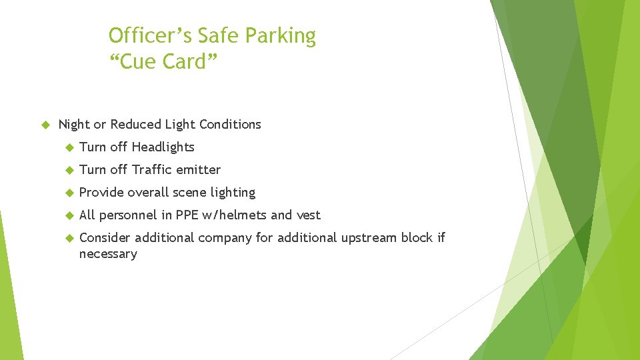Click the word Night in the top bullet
click(74, 125)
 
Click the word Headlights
click(163, 147)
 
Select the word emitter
click(199, 170)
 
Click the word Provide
click(101, 193)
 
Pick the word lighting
click(233, 193)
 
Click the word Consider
click(105, 238)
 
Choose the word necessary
click(108, 254)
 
